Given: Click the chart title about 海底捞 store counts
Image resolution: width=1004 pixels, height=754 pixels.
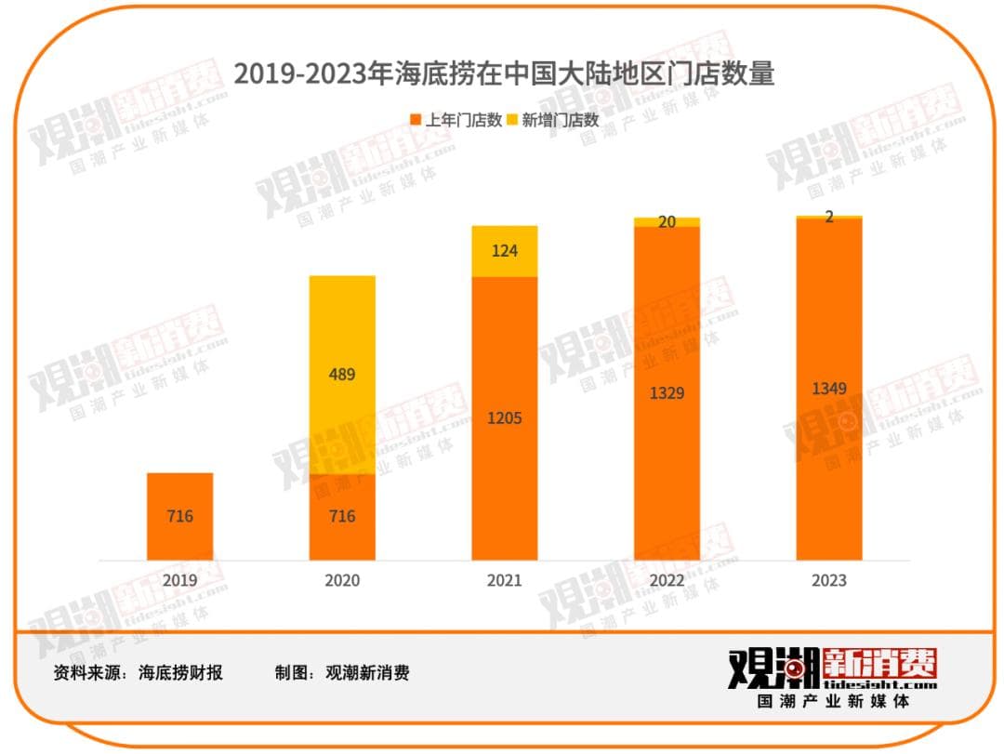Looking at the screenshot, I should coord(503,73).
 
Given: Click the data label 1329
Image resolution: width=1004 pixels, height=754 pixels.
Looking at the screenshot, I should coord(667,393).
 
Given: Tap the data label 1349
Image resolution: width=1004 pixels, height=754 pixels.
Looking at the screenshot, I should coord(829,388).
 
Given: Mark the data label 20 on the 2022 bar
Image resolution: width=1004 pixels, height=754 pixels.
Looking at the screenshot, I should coord(667,222).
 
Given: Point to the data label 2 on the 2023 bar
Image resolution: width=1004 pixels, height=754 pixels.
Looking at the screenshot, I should coord(829,217).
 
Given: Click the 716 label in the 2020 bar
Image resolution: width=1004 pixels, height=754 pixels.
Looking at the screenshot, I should coord(342,516).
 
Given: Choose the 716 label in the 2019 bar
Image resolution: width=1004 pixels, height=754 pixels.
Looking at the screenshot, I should coord(180,516).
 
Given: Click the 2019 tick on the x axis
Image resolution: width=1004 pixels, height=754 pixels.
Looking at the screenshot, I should coord(180,581).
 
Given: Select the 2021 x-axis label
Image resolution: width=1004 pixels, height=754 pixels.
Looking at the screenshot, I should coord(505,581).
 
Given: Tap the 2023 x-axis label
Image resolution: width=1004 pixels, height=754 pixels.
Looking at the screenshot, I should coord(829,581).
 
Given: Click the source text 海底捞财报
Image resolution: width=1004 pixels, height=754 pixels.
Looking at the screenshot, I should coord(180,673).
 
